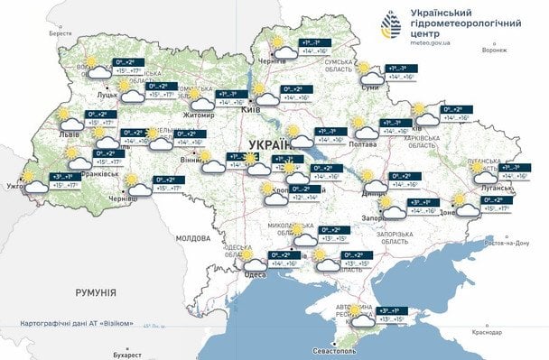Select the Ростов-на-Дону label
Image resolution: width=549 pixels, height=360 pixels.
pos(506,244)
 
